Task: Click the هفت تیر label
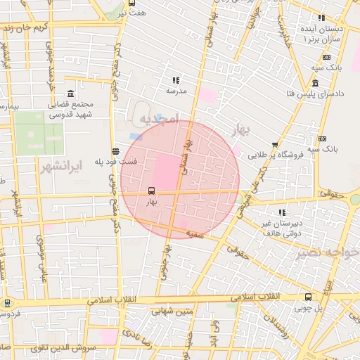131,13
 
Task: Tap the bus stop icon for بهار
151,191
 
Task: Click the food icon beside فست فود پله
115,150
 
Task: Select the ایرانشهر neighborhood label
77,167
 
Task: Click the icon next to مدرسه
175,80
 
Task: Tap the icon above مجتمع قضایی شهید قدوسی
70,94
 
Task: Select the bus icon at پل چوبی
308,297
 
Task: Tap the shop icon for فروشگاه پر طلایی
275,144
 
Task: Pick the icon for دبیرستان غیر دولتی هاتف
282,212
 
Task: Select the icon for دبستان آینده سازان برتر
322,18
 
